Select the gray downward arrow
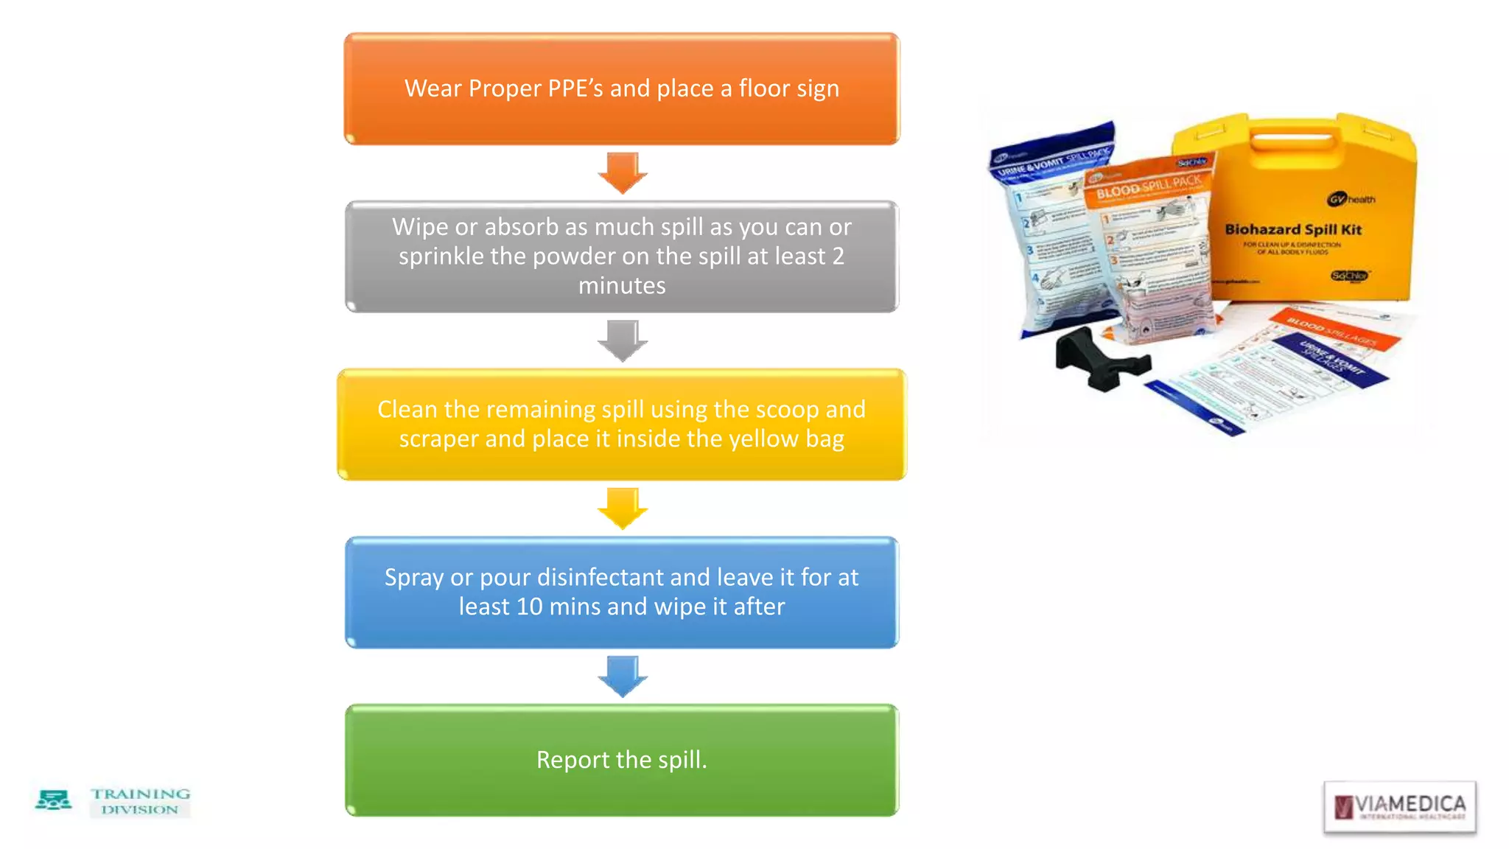click(623, 340)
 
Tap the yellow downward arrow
click(623, 508)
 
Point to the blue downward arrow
click(623, 676)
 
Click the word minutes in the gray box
click(622, 286)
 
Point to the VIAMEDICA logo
click(1399, 806)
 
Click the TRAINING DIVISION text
click(140, 801)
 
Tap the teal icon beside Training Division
click(53, 800)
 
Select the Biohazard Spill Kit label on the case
click(1293, 230)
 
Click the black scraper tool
click(1098, 359)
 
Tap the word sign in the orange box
click(817, 89)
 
